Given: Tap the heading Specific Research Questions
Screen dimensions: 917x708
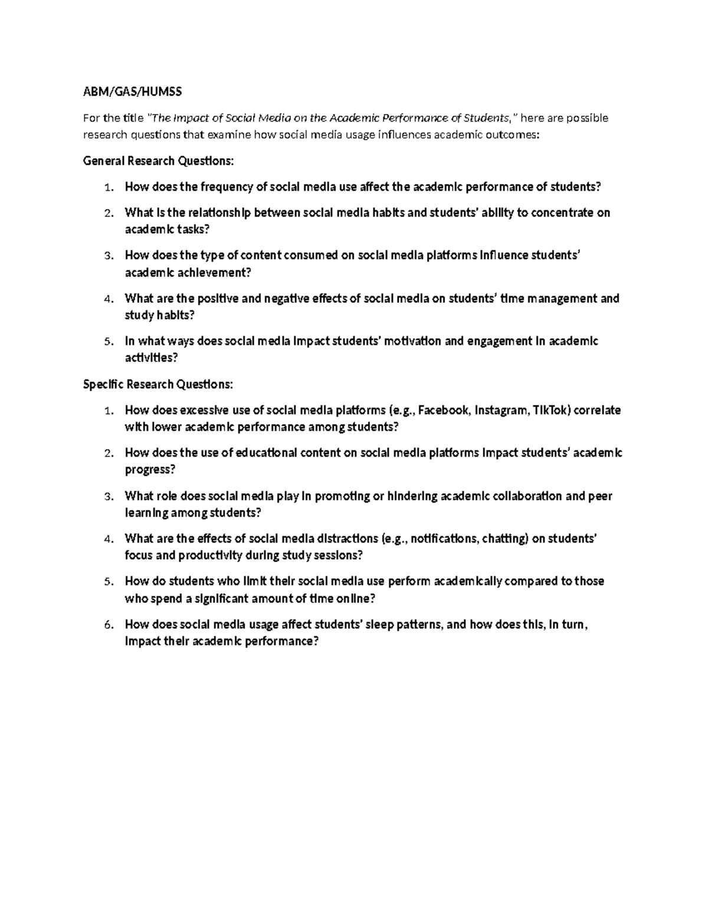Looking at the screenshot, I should click(158, 384).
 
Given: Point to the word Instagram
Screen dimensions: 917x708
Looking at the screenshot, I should click(502, 410).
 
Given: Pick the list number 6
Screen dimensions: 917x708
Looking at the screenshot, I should click(107, 625).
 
